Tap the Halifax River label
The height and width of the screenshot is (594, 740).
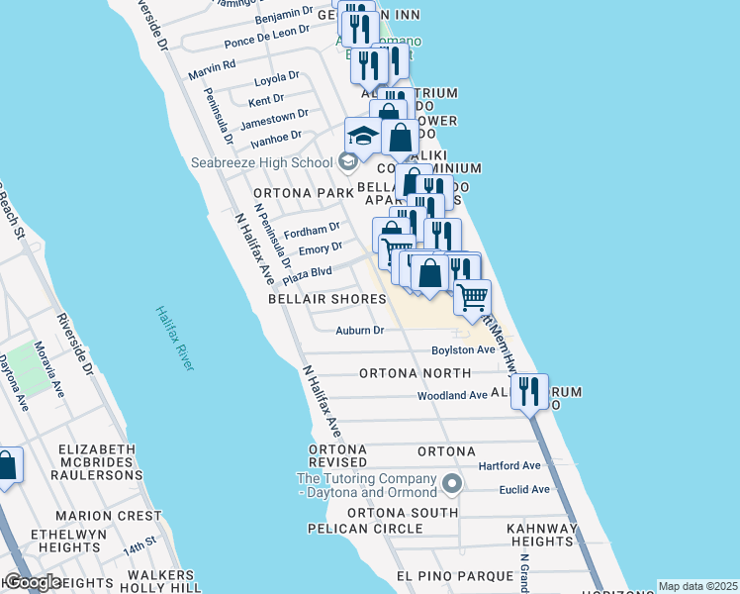[x=174, y=338]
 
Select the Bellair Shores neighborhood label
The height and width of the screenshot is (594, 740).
[x=326, y=299]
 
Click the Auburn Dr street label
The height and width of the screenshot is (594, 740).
[x=359, y=331]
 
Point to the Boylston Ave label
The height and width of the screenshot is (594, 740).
[x=462, y=350]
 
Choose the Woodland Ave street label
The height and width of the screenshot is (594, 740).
[x=452, y=395]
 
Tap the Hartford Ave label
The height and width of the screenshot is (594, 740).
[x=509, y=465]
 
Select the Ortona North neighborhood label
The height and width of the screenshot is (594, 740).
[x=415, y=373]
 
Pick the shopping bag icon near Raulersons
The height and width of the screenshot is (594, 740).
[x=6, y=466]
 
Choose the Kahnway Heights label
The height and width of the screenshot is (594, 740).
[x=539, y=535]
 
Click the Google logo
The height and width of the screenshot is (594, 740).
[x=32, y=582]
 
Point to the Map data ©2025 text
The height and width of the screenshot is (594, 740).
[x=697, y=586]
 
